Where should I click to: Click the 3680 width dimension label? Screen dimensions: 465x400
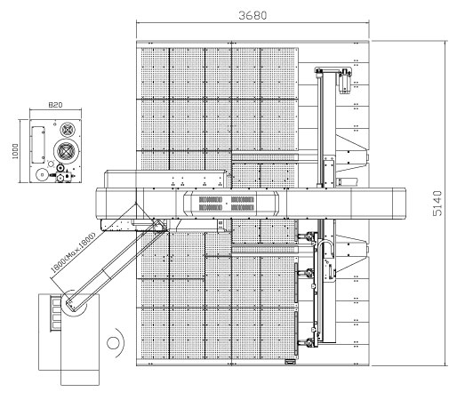point(253,15)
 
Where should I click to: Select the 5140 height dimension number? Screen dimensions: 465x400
point(437,204)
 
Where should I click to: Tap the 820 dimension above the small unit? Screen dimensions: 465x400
point(55,105)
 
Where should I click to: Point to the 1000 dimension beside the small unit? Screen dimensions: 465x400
point(15,151)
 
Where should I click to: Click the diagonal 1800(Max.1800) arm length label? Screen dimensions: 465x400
point(73,252)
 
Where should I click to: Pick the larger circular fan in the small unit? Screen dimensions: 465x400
point(67,150)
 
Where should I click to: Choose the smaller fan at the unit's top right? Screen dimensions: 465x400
point(68,129)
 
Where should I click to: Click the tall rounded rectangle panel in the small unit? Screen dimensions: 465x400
point(38,145)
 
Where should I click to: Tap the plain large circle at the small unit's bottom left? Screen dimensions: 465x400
point(42,174)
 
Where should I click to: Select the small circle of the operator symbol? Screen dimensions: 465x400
point(113,343)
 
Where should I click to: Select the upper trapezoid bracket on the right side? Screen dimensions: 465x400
point(352,153)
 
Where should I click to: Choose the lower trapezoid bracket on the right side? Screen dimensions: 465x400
point(352,254)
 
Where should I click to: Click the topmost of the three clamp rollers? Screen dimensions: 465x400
point(308,236)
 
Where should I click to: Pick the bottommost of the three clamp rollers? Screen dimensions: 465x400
point(308,343)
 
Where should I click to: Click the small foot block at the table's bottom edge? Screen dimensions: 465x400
point(290,362)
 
